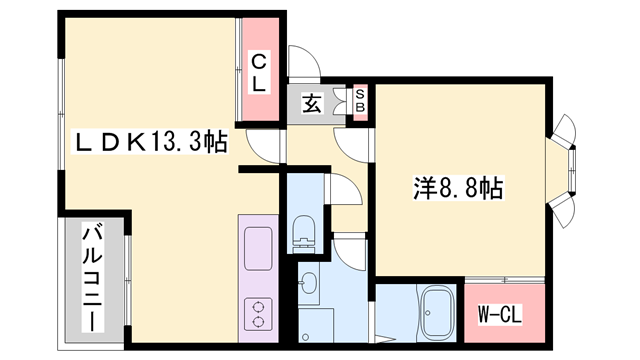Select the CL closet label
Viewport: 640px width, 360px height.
click(257, 72)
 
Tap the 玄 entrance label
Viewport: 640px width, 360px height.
click(311, 102)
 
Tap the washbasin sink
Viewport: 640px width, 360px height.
click(310, 282)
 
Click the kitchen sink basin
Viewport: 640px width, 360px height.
click(257, 246)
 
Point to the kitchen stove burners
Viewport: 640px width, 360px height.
click(257, 313)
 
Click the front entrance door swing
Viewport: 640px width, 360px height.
click(304, 62)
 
